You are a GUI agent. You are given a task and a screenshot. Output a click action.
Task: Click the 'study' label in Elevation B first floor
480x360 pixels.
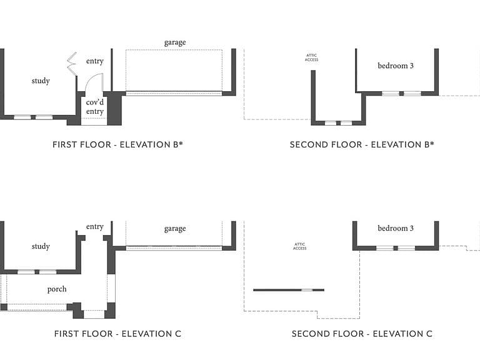click(x=41, y=81)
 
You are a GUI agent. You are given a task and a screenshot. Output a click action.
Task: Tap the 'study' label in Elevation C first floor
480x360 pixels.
click(x=41, y=246)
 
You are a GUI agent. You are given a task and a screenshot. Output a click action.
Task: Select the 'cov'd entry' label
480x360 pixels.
click(x=95, y=106)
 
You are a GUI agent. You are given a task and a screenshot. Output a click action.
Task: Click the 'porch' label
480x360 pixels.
click(x=57, y=289)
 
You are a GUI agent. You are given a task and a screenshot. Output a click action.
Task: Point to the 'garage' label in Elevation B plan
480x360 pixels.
click(x=175, y=42)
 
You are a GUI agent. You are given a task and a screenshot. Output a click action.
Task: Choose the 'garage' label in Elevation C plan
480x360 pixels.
click(x=175, y=229)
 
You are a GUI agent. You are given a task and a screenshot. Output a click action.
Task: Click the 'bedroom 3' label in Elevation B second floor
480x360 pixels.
click(x=396, y=66)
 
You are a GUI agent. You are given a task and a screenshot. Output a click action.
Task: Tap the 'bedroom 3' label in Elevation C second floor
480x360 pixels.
click(x=396, y=228)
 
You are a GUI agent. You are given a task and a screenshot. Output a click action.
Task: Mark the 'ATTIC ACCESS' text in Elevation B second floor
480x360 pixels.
click(x=312, y=57)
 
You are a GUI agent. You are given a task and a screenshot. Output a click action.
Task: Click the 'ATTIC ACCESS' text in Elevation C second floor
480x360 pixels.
click(x=300, y=246)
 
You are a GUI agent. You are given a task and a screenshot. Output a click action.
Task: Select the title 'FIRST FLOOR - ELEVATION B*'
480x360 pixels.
click(x=117, y=144)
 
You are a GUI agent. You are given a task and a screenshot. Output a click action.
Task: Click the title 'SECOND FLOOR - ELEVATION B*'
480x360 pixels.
click(x=362, y=144)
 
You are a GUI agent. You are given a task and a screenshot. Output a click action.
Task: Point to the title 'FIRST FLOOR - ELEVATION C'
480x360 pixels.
click(x=117, y=334)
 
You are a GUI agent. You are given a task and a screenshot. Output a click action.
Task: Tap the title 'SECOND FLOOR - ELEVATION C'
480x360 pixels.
click(x=362, y=334)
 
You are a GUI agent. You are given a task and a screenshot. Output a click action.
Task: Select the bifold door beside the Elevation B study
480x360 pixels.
click(x=72, y=64)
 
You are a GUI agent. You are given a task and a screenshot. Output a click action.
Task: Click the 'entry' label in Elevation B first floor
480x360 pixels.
click(x=95, y=61)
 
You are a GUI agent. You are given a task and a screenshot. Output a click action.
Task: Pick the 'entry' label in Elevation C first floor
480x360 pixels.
click(x=95, y=227)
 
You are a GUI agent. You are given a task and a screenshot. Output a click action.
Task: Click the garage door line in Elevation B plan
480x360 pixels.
click(x=174, y=94)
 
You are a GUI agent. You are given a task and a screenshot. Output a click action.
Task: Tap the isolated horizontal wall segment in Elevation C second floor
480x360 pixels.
click(x=289, y=290)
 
